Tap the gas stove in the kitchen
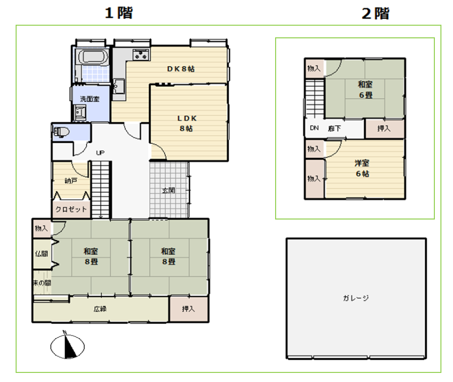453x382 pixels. (141, 54)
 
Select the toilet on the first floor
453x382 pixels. (61, 132)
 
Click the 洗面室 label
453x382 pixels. (90, 99)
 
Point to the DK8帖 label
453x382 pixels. (181, 69)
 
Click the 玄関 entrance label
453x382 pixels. (168, 190)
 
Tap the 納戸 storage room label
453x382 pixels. (71, 181)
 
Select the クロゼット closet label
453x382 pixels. (71, 209)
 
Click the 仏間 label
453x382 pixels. (41, 254)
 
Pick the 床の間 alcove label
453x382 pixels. (42, 283)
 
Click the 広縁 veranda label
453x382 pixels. (100, 309)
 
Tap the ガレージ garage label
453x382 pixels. (356, 298)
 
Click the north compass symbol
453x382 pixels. (68, 346)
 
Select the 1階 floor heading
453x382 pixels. (119, 13)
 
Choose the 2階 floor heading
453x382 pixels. (375, 13)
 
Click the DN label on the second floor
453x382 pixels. (314, 128)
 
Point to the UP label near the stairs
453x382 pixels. (100, 152)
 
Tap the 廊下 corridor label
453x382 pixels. (334, 129)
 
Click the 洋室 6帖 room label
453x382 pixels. (362, 169)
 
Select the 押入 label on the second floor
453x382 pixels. (383, 129)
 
